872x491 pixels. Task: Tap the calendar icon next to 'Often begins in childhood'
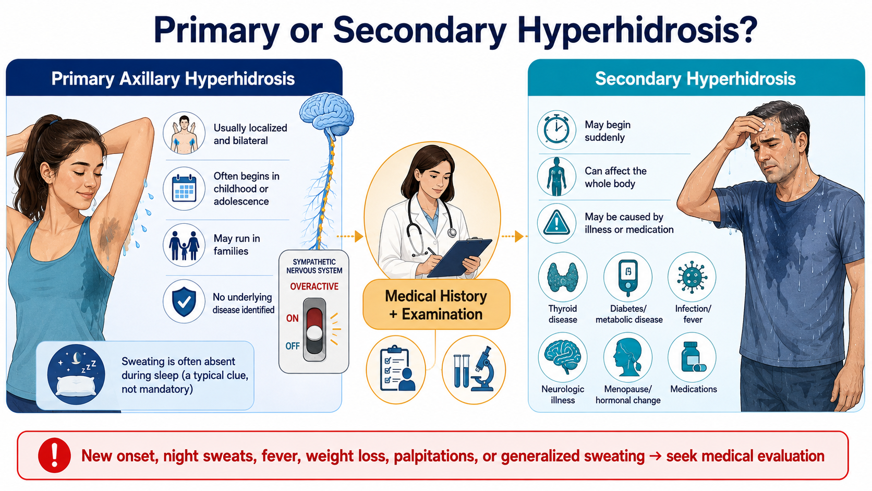[x=184, y=189]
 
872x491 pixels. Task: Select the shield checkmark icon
[x=184, y=302]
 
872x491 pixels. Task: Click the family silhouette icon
[x=184, y=245]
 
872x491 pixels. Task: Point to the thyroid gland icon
[x=563, y=277]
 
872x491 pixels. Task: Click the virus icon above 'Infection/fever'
[x=692, y=277]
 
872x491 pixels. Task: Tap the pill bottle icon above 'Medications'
[x=692, y=357]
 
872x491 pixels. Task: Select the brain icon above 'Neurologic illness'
[x=563, y=357]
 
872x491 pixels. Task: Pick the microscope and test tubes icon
[x=474, y=369]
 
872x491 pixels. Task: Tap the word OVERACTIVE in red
[x=314, y=286]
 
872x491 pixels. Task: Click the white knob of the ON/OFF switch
[x=314, y=333]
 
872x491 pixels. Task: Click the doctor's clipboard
[x=459, y=258]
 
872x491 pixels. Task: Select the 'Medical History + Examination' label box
[x=437, y=305]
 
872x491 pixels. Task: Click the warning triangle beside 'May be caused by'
[x=556, y=223]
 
